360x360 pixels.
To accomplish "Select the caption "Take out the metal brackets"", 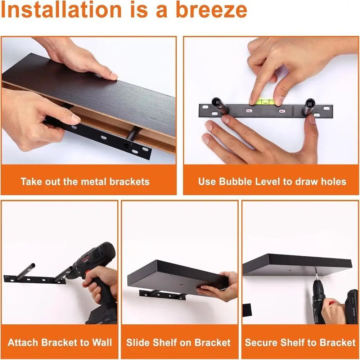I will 85,181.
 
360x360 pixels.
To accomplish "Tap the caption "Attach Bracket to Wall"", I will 60,342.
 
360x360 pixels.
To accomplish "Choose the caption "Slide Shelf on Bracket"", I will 178,342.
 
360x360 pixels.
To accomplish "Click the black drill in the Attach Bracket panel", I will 95,274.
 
